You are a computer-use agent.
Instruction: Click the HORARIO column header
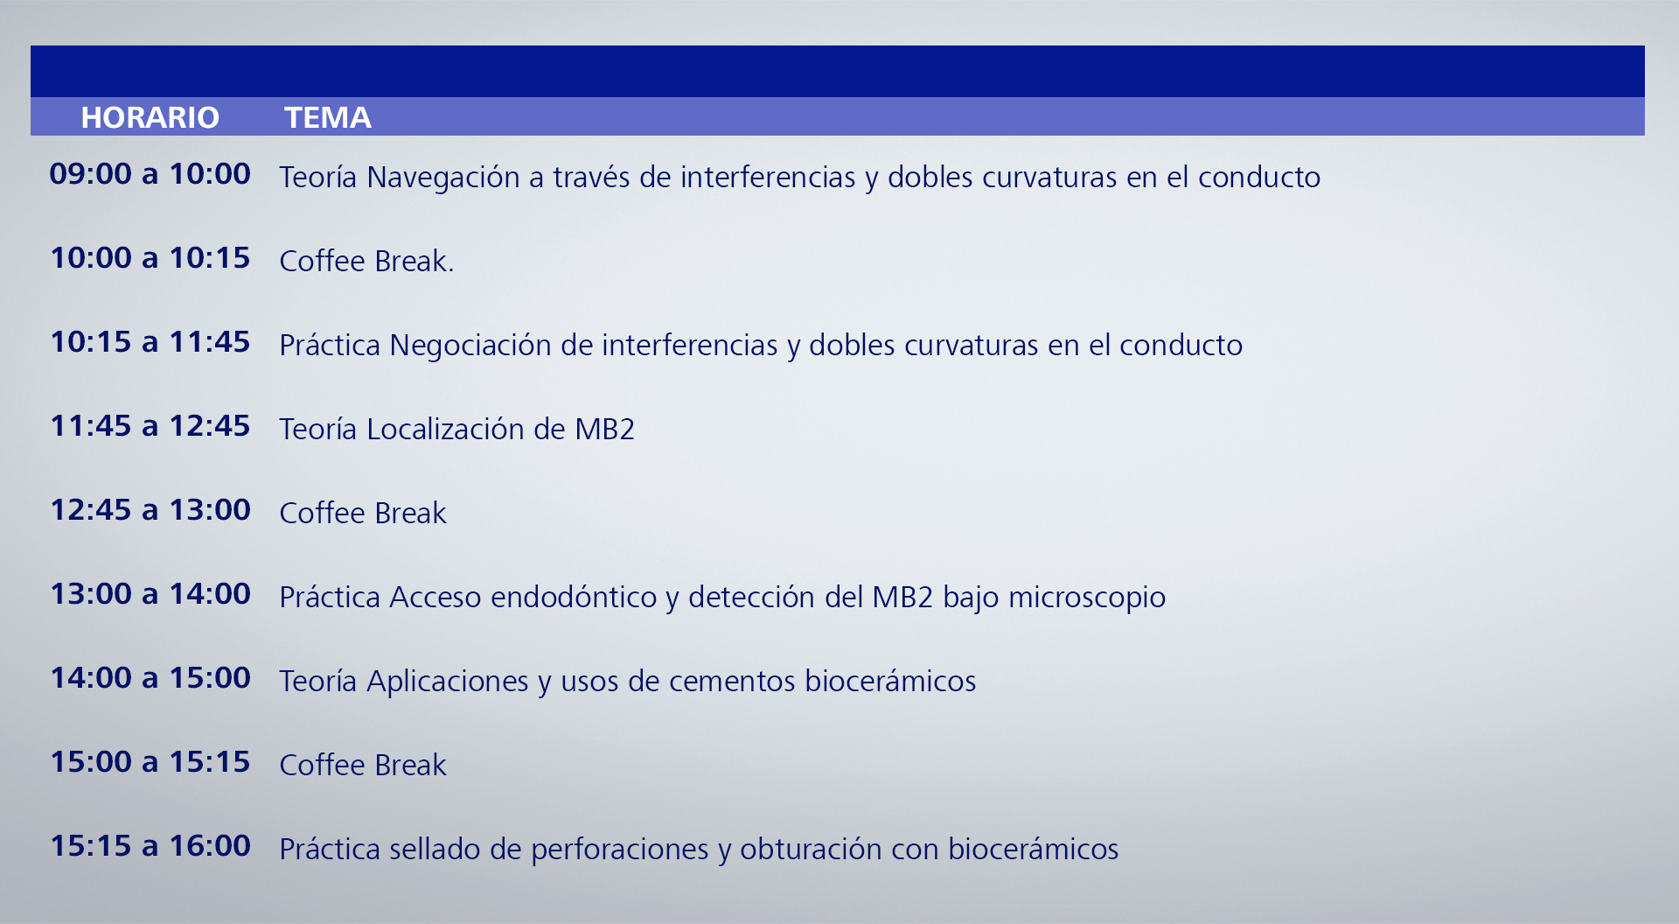click(150, 117)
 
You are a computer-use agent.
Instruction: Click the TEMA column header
click(328, 117)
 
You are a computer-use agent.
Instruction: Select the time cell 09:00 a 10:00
click(150, 173)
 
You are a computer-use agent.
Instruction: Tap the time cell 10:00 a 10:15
click(150, 257)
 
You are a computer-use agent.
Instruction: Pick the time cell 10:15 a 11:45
click(150, 341)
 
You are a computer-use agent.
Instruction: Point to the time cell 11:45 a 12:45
click(150, 425)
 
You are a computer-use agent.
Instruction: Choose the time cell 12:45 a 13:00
click(150, 509)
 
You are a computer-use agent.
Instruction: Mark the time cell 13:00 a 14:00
click(150, 593)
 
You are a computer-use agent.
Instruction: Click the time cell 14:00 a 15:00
click(150, 677)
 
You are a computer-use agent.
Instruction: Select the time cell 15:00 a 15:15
click(150, 761)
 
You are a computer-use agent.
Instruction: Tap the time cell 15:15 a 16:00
click(150, 845)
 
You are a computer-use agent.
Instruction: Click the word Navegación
click(443, 178)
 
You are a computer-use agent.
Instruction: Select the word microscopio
click(1087, 598)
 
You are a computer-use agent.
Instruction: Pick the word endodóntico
click(574, 597)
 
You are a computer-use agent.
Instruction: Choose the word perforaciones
click(620, 850)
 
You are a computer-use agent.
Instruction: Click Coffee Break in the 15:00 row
click(363, 765)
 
